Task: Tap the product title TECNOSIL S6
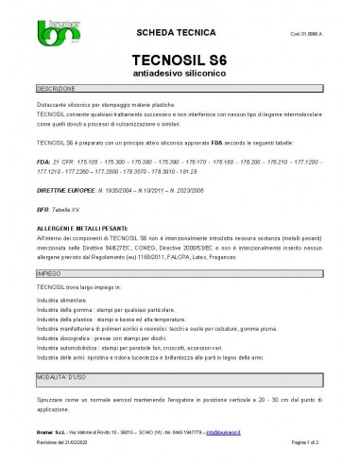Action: (179, 60)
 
